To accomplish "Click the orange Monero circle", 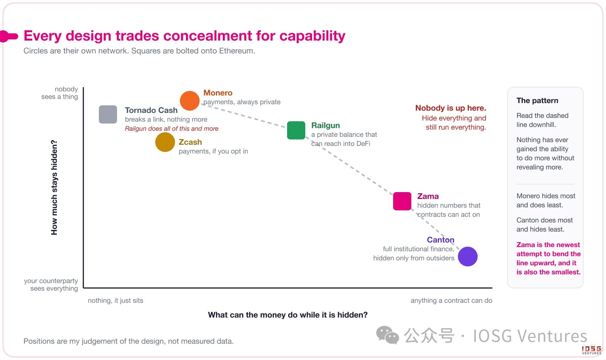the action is click(190, 101).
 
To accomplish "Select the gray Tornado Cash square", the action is click(108, 114).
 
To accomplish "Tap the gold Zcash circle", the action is click(165, 142).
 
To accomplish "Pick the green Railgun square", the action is click(296, 130).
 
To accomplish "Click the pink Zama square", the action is click(402, 201).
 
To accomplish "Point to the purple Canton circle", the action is click(468, 257).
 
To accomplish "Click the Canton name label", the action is click(440, 240).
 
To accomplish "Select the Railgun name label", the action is click(325, 125).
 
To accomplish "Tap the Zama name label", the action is click(428, 196).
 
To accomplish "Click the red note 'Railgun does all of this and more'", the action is click(172, 128).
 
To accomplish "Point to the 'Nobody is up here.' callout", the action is click(451, 108).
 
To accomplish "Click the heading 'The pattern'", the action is click(537, 100).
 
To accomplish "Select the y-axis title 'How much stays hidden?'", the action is click(54, 187).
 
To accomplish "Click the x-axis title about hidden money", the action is click(287, 315).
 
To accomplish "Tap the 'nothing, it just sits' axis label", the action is click(116, 301).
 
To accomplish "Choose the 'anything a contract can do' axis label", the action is click(451, 301).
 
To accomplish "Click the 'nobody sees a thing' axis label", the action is click(59, 93).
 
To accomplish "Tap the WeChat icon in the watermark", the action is click(387, 335).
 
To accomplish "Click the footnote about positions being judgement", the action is click(128, 341).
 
